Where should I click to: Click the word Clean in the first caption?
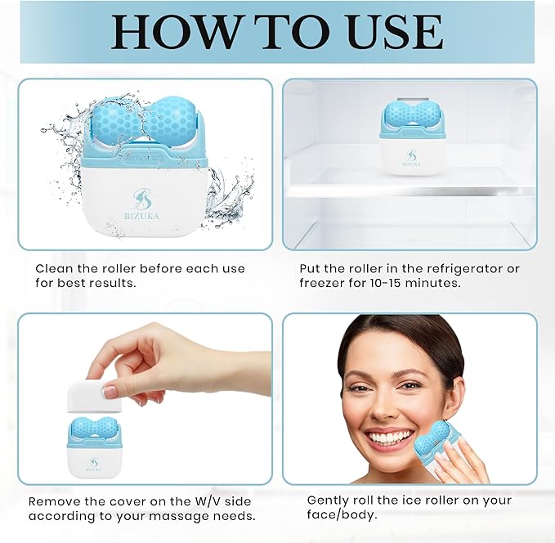click(53, 268)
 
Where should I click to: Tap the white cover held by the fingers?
click(93, 397)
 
